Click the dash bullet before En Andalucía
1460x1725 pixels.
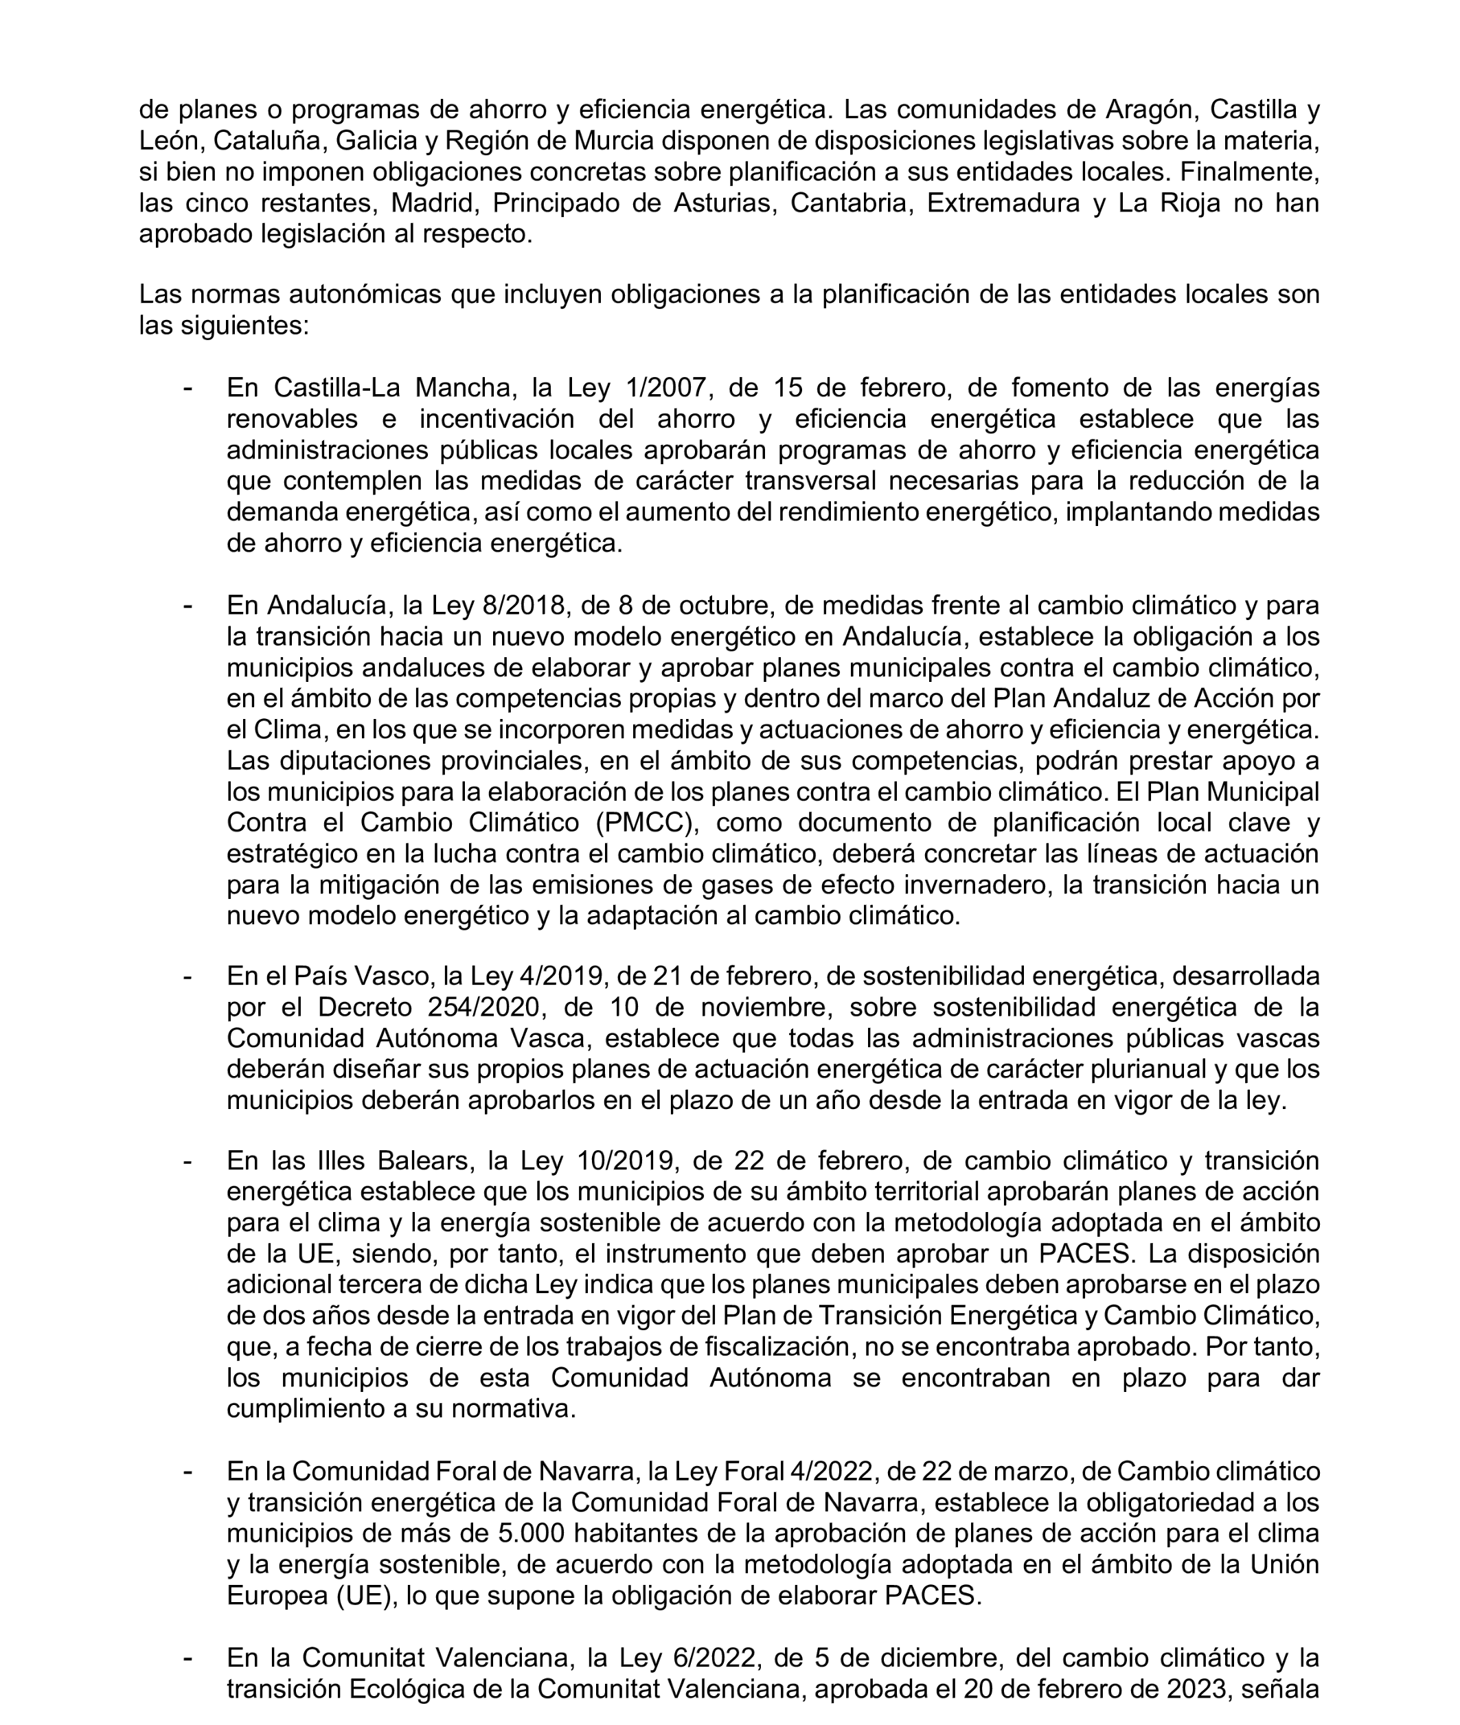click(x=189, y=606)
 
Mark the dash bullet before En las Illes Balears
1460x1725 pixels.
click(x=189, y=1161)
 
